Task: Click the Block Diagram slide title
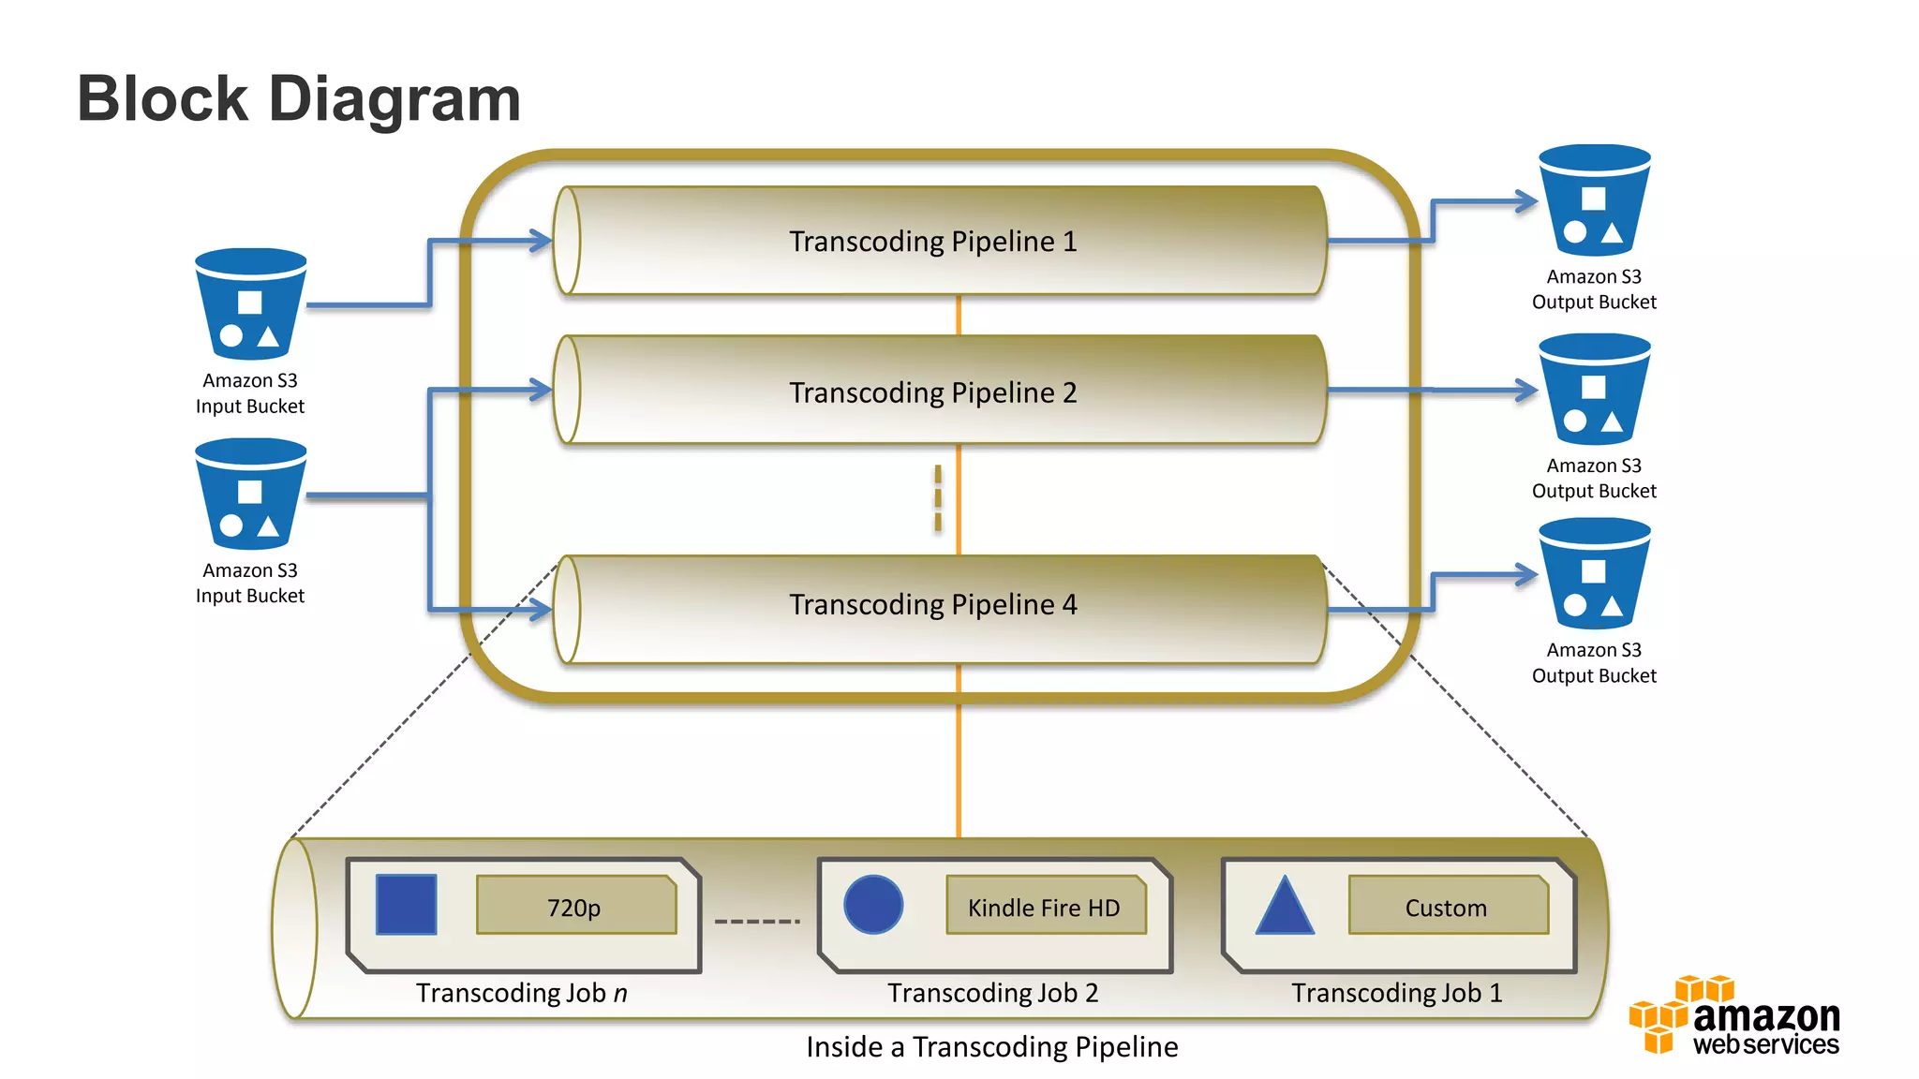coord(298,99)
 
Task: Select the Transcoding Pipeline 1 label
coord(932,242)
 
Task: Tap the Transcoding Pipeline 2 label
coord(932,392)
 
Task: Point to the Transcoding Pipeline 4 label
coord(932,605)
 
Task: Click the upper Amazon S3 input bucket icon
coord(250,304)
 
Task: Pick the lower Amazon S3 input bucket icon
coord(250,495)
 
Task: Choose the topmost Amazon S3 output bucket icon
coord(1594,200)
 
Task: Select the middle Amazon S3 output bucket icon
coord(1594,390)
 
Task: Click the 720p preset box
coord(575,906)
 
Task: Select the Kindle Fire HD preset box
coord(1045,906)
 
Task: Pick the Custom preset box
coord(1447,906)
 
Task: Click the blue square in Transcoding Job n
coord(406,905)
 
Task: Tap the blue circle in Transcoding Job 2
coord(873,905)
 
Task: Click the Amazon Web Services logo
coord(1734,1016)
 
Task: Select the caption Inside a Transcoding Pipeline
coord(991,1047)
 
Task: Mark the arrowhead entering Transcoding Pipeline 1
coord(542,241)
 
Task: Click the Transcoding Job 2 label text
coord(992,993)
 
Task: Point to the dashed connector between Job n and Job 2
coord(757,922)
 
